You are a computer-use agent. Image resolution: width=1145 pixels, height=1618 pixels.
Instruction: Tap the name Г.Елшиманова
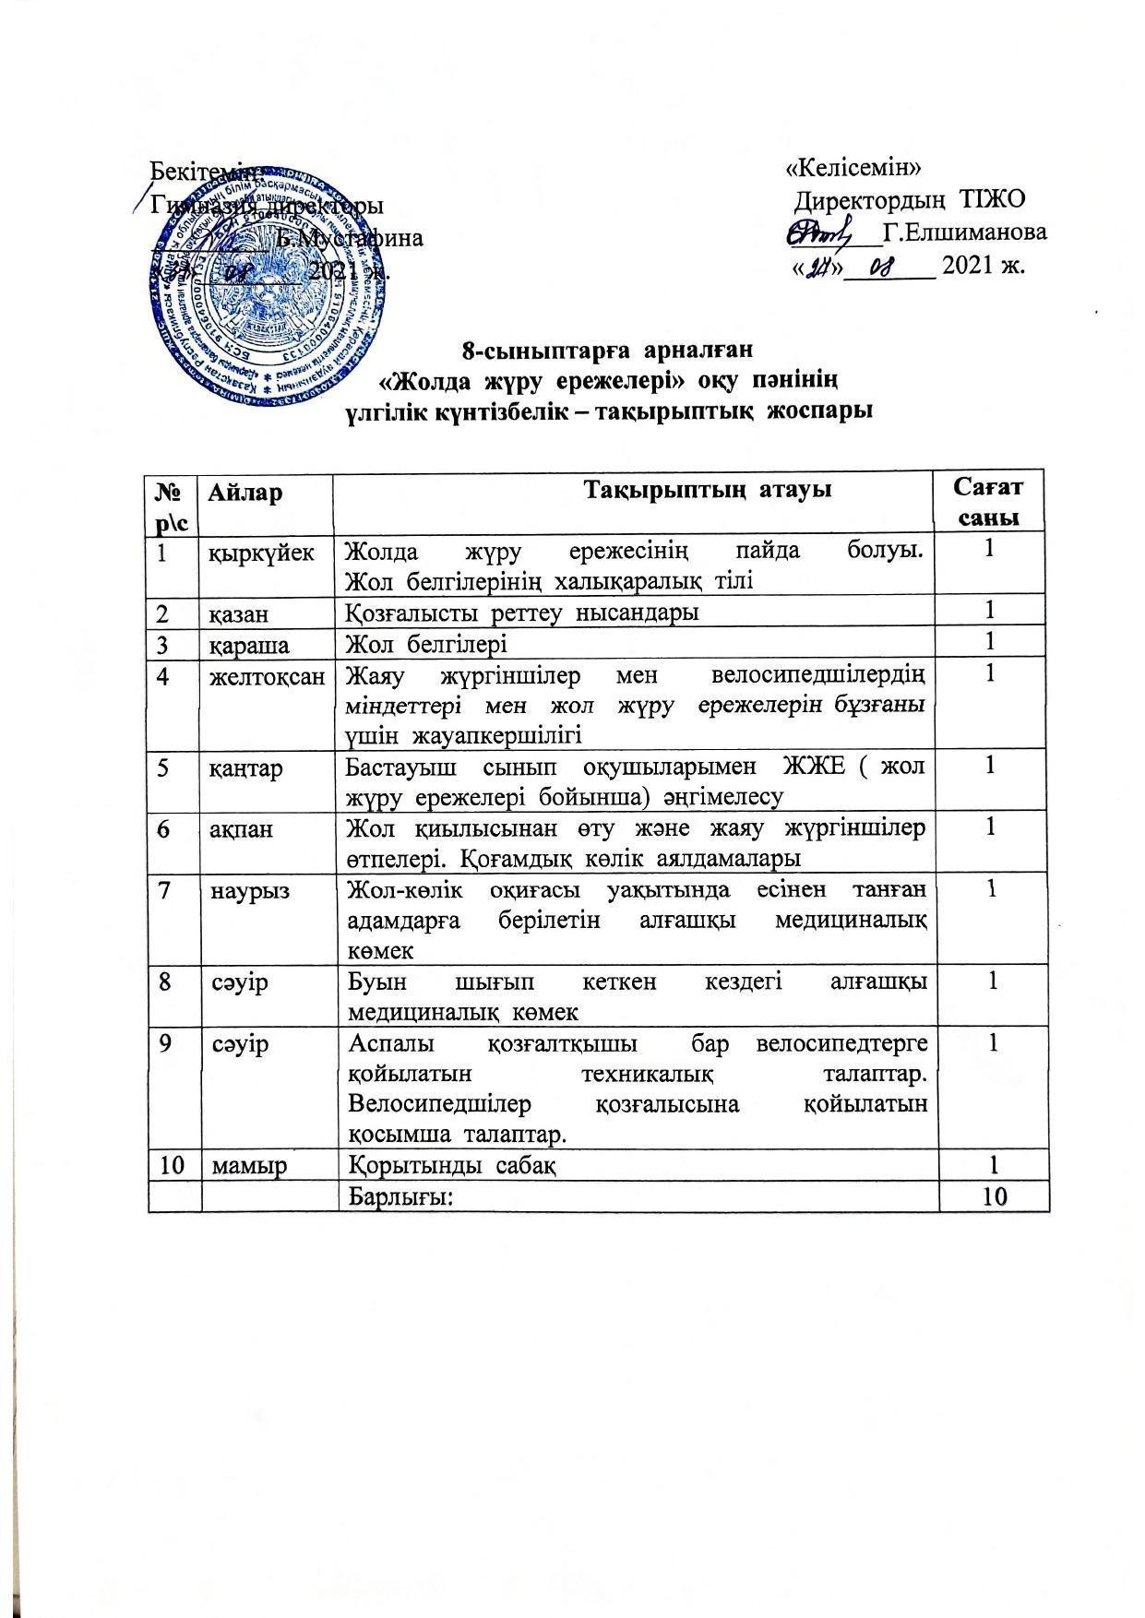(965, 232)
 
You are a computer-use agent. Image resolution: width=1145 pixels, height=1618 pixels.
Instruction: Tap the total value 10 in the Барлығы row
(993, 1196)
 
